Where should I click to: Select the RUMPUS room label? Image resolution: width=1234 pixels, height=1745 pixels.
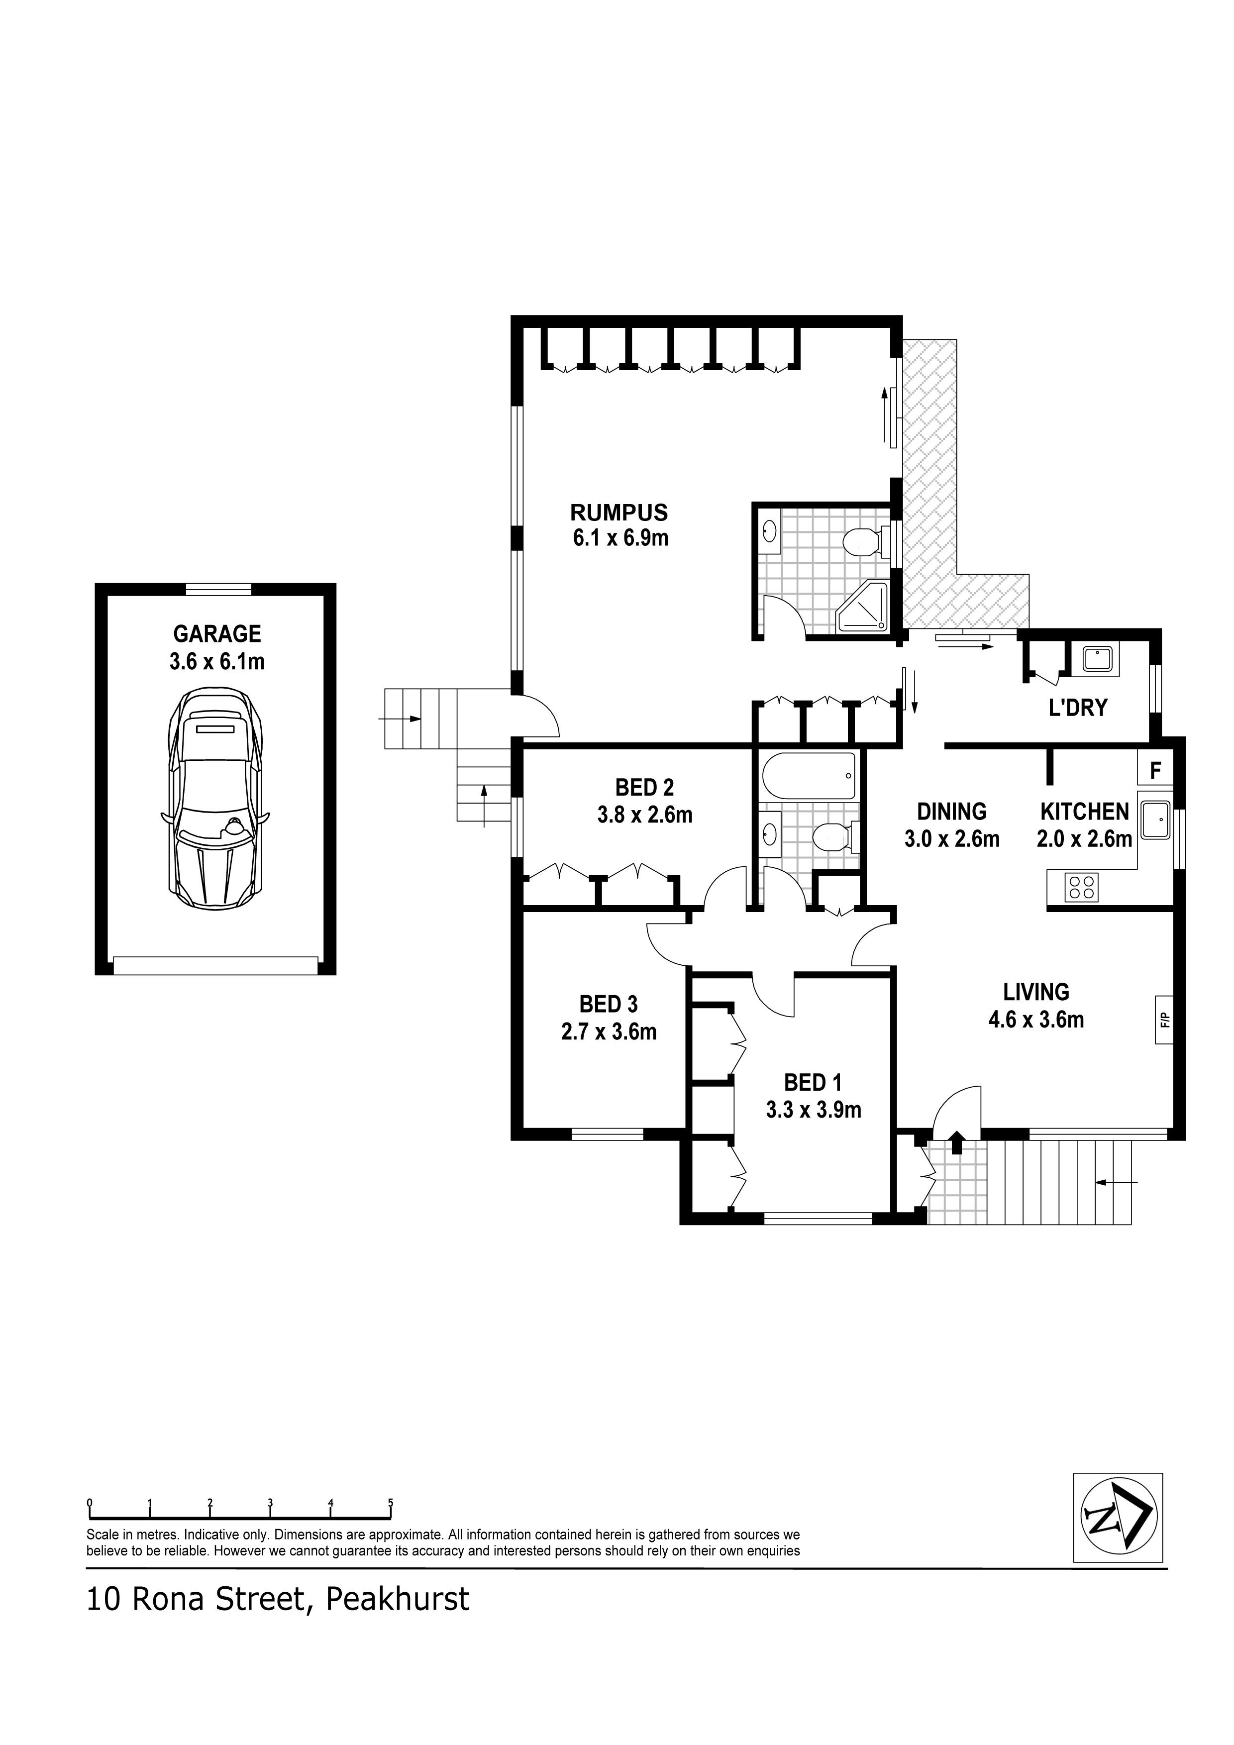(x=619, y=512)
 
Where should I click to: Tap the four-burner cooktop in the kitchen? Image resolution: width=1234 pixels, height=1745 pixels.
(x=1082, y=887)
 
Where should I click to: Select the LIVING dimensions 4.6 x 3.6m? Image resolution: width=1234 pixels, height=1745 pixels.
(x=1035, y=1019)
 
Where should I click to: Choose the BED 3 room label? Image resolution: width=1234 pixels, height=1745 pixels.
(x=608, y=1004)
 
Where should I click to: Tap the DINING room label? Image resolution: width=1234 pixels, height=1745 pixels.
(x=951, y=812)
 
